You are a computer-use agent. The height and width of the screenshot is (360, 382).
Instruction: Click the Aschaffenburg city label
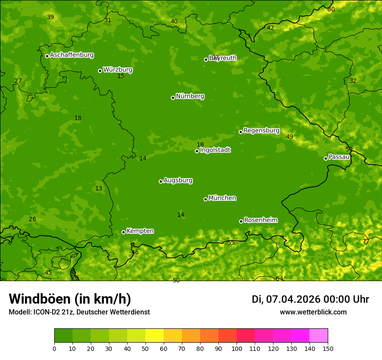coord(72,55)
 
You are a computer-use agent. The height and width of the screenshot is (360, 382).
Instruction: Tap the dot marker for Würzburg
coord(100,71)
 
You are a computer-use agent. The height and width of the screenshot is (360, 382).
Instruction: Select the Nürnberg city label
coord(190,96)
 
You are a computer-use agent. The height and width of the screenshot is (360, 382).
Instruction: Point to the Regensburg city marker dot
coord(240,132)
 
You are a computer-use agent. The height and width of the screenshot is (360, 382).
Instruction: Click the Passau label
coord(339,157)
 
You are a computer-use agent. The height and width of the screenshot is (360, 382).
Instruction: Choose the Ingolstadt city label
coord(215,150)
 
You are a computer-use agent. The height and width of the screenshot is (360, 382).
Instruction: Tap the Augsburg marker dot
coord(161,181)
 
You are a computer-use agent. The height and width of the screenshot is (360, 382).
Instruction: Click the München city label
coord(222,198)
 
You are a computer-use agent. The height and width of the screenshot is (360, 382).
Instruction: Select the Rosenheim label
coord(260,220)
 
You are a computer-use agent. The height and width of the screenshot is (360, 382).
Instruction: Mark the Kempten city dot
coord(123,232)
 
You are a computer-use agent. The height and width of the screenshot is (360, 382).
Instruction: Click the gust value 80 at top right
coord(331,9)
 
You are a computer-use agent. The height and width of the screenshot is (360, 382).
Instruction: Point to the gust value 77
coord(366,241)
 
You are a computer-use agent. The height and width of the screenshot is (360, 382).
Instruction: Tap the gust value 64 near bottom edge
coord(279,278)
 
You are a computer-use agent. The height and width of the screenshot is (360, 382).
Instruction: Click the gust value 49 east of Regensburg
coord(290,137)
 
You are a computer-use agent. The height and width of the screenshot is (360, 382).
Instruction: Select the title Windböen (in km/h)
coord(69,299)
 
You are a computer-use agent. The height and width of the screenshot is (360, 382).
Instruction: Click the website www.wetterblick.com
coord(313,312)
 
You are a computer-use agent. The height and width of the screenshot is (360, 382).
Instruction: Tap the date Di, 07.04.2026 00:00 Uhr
coord(310,299)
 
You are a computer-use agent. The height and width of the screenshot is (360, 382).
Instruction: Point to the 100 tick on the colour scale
coord(237,348)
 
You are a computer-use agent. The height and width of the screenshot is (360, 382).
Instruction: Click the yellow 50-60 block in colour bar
coord(155,336)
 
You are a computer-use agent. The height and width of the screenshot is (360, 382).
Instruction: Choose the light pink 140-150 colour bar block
coord(319,336)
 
